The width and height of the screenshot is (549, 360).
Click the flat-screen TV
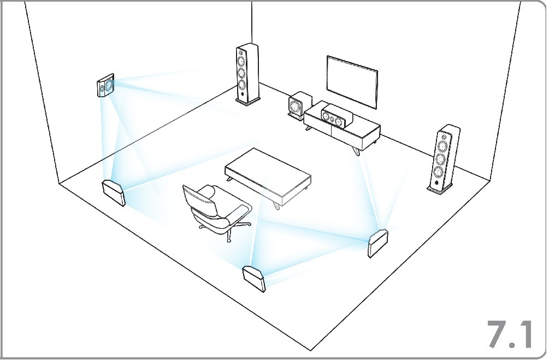click(352, 81)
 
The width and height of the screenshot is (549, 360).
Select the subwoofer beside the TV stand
click(298, 105)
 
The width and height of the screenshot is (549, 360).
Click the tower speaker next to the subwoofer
click(247, 74)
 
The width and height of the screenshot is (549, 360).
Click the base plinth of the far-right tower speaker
click(440, 190)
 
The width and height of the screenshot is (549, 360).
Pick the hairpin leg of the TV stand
click(357, 149)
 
